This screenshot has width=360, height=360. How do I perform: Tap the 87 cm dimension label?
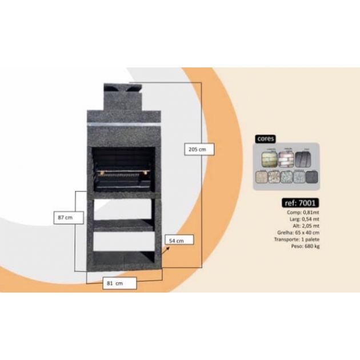pyautogui.click(x=65, y=218)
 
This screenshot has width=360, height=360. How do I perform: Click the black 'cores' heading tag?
pyautogui.click(x=266, y=139)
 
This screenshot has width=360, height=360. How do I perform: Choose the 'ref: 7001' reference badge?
pyautogui.click(x=300, y=202)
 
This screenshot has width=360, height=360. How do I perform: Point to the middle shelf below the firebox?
pyautogui.click(x=123, y=225)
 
